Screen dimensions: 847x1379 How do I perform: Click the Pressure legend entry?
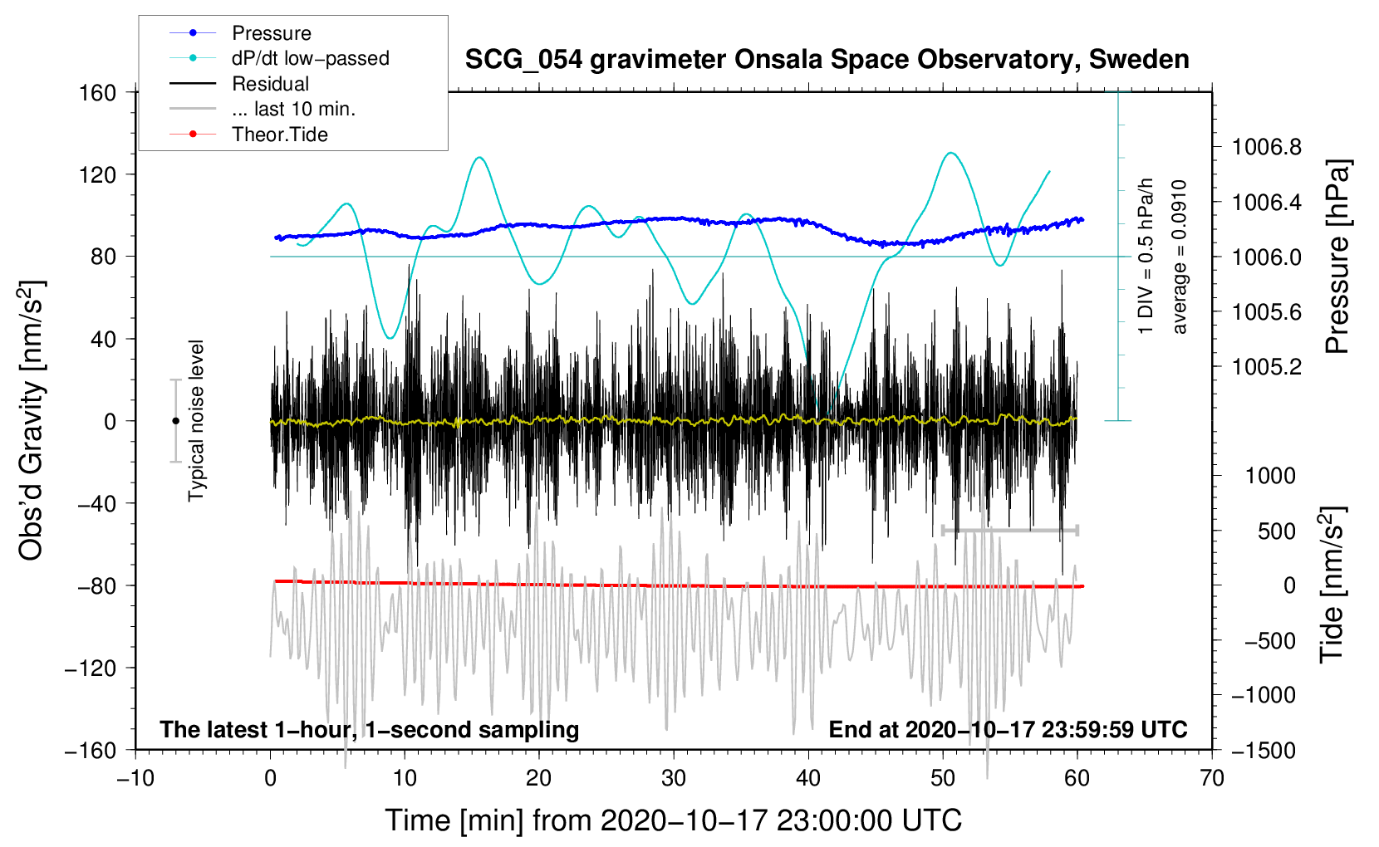pos(271,33)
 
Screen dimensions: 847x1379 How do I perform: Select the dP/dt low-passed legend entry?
pos(310,58)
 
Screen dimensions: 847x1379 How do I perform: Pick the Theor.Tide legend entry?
pos(279,135)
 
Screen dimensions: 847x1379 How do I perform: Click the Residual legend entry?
pos(270,84)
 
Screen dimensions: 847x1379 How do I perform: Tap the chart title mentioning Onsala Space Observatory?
pos(827,60)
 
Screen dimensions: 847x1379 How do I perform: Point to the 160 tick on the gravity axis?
pos(98,92)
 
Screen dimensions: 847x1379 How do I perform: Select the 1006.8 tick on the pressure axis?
pos(1267,148)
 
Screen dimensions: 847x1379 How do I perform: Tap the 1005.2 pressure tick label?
pos(1267,367)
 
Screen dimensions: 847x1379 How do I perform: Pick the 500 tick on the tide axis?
pos(1276,531)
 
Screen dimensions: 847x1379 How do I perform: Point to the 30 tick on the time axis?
pos(674,778)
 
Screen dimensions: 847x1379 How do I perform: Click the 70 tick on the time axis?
pos(1212,778)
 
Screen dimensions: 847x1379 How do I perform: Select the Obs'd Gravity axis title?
pos(32,420)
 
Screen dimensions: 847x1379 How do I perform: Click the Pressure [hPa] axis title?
pos(1337,257)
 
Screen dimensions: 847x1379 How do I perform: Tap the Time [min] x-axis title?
pos(673,820)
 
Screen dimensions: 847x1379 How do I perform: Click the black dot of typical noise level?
pos(176,421)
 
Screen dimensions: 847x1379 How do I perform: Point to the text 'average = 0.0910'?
pos(1180,257)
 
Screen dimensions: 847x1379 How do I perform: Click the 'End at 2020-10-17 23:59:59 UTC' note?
pos(1008,730)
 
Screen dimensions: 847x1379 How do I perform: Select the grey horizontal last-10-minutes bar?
pos(1010,530)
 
